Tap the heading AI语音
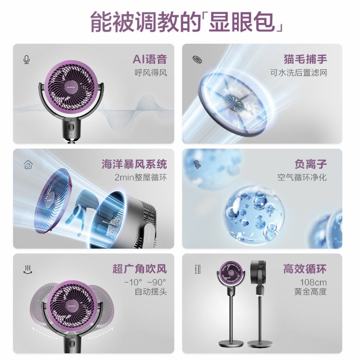(x=149, y=59)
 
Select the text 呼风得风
(x=150, y=72)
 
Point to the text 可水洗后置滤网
(x=298, y=72)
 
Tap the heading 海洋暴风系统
(x=134, y=164)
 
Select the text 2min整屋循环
(x=140, y=178)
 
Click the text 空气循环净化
(x=302, y=178)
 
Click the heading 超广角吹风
(x=139, y=269)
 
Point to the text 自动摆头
(x=151, y=292)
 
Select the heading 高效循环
(x=305, y=269)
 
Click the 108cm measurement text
(x=314, y=283)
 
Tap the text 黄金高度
(x=310, y=292)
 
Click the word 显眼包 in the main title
(x=243, y=21)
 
